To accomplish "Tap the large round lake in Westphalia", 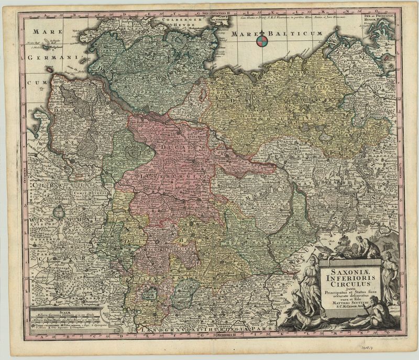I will pyautogui.click(x=59, y=212).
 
